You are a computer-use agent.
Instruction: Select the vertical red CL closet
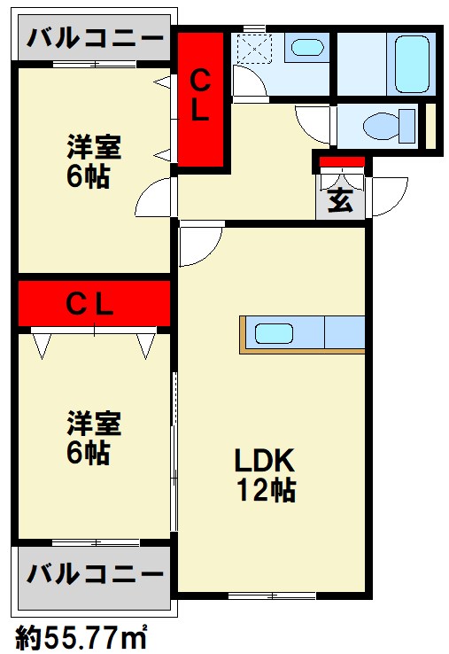[x=201, y=97]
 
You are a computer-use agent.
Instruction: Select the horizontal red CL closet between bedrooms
[x=93, y=304]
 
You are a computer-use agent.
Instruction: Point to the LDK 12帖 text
[x=264, y=474]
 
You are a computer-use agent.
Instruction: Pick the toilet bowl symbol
[x=391, y=125]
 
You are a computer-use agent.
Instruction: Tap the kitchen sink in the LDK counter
[x=275, y=334]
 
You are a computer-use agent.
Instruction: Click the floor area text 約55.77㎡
[x=81, y=635]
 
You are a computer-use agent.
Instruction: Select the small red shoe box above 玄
[x=342, y=161]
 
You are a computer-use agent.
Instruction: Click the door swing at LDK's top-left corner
[x=198, y=245]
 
